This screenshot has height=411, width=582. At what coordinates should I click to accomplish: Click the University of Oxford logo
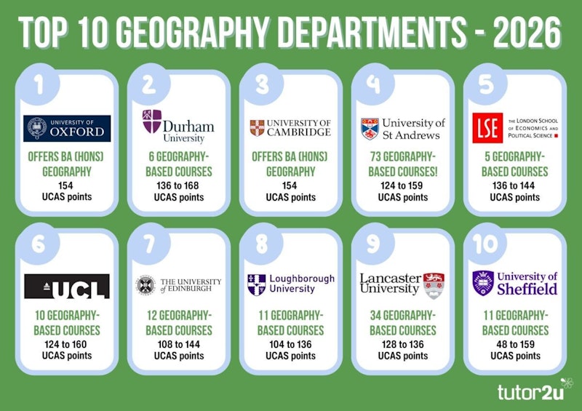[x=67, y=128]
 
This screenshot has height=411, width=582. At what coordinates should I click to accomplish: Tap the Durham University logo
[x=178, y=127]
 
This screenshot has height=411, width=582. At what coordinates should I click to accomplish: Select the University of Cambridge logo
[x=290, y=128]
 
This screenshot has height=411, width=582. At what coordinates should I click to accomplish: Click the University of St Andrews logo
[x=402, y=128]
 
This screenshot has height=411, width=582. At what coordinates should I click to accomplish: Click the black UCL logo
[x=67, y=286]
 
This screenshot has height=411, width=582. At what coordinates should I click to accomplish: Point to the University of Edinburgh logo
[x=178, y=285]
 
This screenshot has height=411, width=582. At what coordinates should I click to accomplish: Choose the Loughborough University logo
[x=290, y=284]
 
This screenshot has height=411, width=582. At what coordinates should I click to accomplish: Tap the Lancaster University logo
[x=402, y=284]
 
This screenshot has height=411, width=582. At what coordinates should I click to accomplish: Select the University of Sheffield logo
[x=514, y=283]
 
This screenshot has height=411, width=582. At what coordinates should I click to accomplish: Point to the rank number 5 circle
[x=484, y=84]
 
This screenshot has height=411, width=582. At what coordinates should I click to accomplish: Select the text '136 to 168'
[x=178, y=185]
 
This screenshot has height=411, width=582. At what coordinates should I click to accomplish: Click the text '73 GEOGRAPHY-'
[x=402, y=159]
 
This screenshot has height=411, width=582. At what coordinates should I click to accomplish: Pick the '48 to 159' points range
[x=514, y=343]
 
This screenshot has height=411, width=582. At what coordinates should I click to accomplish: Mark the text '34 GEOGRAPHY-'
[x=402, y=316]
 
